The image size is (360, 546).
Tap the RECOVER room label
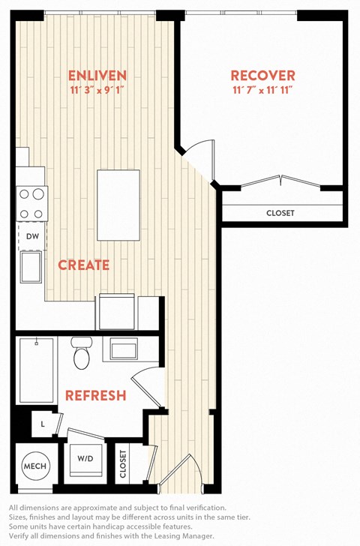pos(262,76)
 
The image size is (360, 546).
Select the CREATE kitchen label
pos(83,265)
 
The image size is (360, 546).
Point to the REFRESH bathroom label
pos(96,395)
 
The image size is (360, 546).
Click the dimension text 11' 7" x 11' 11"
pos(262,91)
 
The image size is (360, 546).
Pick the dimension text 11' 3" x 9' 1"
pos(97,91)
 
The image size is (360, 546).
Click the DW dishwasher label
pos(33,236)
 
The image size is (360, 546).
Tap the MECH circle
pos(34,466)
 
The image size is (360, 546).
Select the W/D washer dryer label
pos(85,458)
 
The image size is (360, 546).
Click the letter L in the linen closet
pos(43,424)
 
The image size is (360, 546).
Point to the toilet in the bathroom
pos(82,352)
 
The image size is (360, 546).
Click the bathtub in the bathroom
pos(37,370)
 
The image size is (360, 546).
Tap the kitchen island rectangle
pos(118,205)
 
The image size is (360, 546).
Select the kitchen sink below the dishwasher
pos(31,267)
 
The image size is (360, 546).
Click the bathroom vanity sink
pos(124,349)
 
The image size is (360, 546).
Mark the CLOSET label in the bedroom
pos(280,213)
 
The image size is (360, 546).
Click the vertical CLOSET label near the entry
pos(123,463)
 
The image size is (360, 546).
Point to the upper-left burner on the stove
pos(24,194)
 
